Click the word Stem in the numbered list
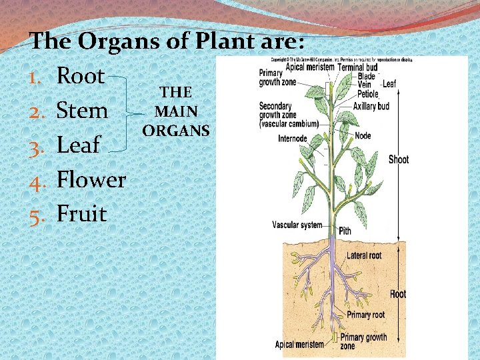point(82,110)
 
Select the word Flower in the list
point(91,179)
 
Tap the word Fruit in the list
point(82,214)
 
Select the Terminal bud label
point(363,67)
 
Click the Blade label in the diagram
point(367,76)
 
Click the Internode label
point(293,139)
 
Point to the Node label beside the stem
point(363,135)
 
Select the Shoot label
point(399,159)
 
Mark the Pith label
point(345,231)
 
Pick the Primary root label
point(365,315)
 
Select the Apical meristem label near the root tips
point(299,345)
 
